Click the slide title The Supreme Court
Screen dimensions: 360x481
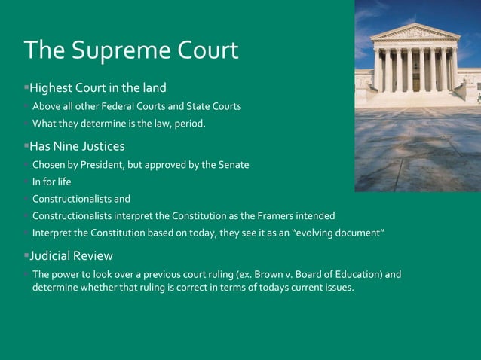[131, 50]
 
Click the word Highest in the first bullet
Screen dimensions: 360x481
[52, 88]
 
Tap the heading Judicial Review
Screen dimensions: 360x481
[71, 255]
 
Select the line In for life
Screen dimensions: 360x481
[51, 182]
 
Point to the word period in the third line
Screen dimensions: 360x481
[187, 123]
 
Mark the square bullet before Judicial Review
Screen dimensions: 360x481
[26, 255]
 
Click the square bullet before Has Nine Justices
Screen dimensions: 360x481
[26, 145]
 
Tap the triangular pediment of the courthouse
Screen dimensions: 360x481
[415, 32]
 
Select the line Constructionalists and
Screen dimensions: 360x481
[81, 200]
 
